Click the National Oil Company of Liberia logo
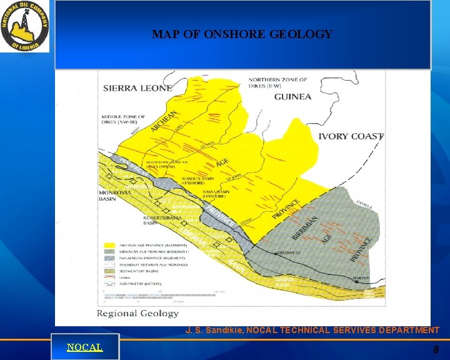pos(25,26)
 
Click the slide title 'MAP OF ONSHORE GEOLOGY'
pos(242,34)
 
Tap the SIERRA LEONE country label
pos(137,88)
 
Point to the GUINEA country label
pos(292,97)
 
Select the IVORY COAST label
pos(351,136)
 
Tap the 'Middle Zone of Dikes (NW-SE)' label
pos(124,120)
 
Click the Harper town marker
pos(357,282)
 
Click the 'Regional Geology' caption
pos(137,313)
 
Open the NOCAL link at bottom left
pos(84,347)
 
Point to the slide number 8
pos(436,350)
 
